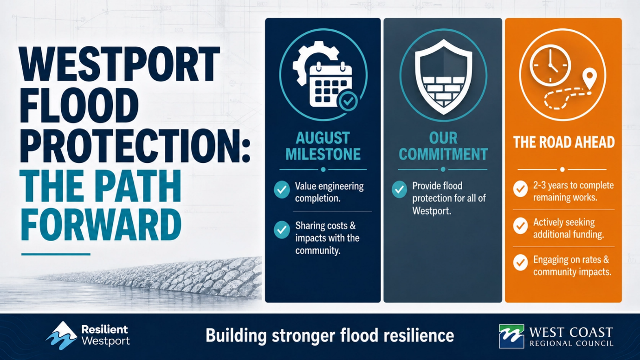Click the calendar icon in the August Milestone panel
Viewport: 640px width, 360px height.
point(330,85)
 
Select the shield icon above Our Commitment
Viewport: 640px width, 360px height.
point(443,77)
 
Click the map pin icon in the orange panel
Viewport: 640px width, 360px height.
point(590,80)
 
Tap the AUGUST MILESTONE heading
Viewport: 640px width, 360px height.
point(323,146)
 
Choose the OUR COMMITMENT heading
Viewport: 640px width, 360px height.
point(443,146)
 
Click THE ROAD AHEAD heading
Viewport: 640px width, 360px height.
point(564,142)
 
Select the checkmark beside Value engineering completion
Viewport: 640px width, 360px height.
point(282,190)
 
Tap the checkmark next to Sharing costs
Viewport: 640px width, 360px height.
point(282,230)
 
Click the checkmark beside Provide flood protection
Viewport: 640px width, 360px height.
point(400,189)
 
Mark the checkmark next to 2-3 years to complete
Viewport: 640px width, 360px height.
point(520,189)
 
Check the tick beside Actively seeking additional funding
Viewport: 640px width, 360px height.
point(520,226)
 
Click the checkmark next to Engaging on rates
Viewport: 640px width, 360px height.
point(520,263)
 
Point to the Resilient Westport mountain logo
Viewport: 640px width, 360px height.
point(61,336)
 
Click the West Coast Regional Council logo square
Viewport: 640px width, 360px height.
point(511,336)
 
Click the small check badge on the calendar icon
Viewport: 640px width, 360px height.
point(348,101)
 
